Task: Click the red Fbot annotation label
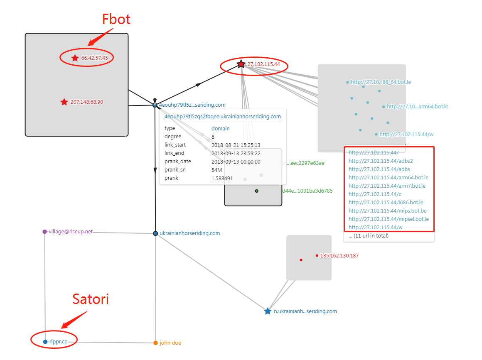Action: click(x=116, y=19)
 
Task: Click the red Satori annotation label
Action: click(x=91, y=299)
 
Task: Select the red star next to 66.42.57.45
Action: click(x=75, y=58)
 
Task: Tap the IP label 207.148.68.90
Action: click(x=87, y=102)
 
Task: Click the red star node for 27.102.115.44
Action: click(x=241, y=64)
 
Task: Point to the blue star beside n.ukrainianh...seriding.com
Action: click(x=268, y=311)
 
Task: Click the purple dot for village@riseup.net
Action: click(x=44, y=232)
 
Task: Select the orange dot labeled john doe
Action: click(x=155, y=343)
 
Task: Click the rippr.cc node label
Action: click(x=58, y=342)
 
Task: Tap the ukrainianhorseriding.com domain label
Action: click(x=190, y=233)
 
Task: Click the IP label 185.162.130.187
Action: click(x=339, y=256)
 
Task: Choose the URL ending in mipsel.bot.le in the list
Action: click(x=389, y=219)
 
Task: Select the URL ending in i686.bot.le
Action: click(x=386, y=202)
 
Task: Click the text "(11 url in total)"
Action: click(x=368, y=236)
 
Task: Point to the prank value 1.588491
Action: click(x=222, y=178)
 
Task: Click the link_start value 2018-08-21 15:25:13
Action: click(x=236, y=145)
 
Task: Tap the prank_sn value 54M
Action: click(x=216, y=170)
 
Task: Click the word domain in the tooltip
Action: click(x=221, y=128)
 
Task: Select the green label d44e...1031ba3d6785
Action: click(x=307, y=191)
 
